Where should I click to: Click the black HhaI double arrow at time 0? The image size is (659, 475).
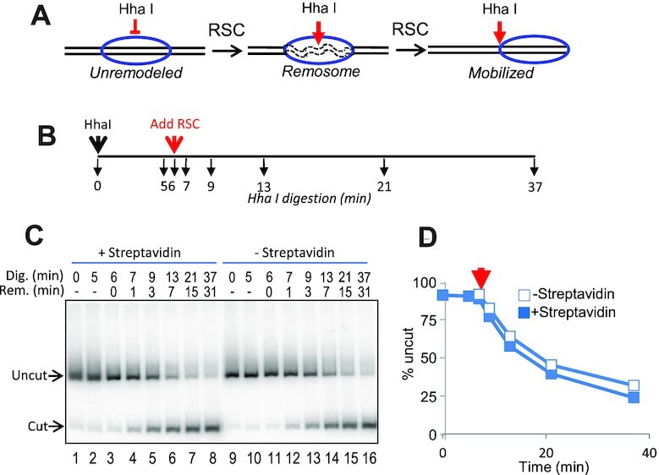[x=98, y=145]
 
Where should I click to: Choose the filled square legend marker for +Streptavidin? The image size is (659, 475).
[x=525, y=313]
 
